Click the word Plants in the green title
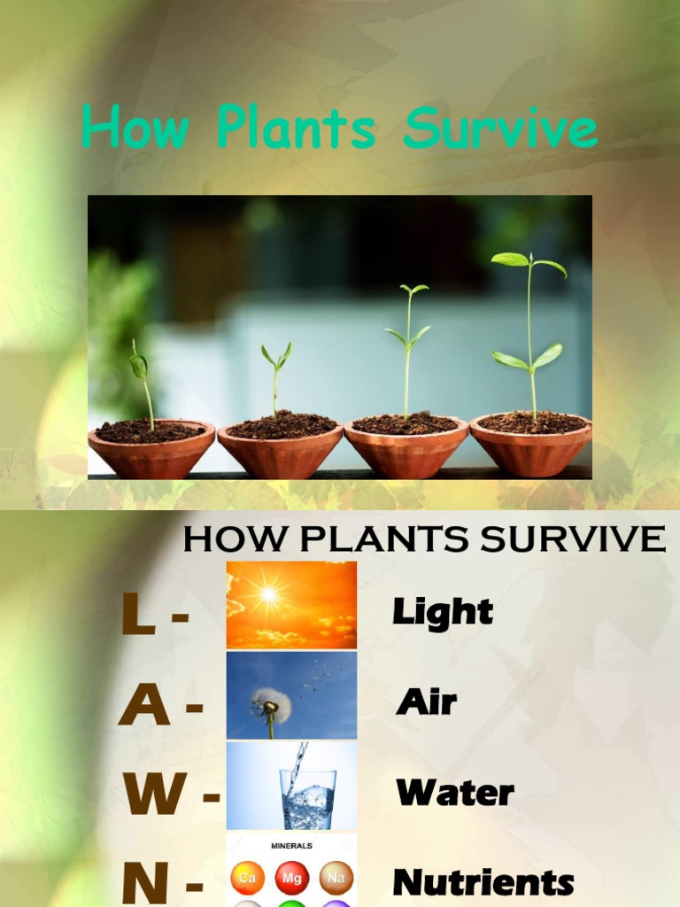tap(296, 129)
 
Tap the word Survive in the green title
tap(500, 129)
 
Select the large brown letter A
tap(144, 706)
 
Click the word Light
tap(443, 612)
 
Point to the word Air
tap(427, 702)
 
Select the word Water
tap(455, 793)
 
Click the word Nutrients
tap(483, 883)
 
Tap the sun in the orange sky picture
tap(268, 594)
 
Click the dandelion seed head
tap(270, 704)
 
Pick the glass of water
tap(307, 795)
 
